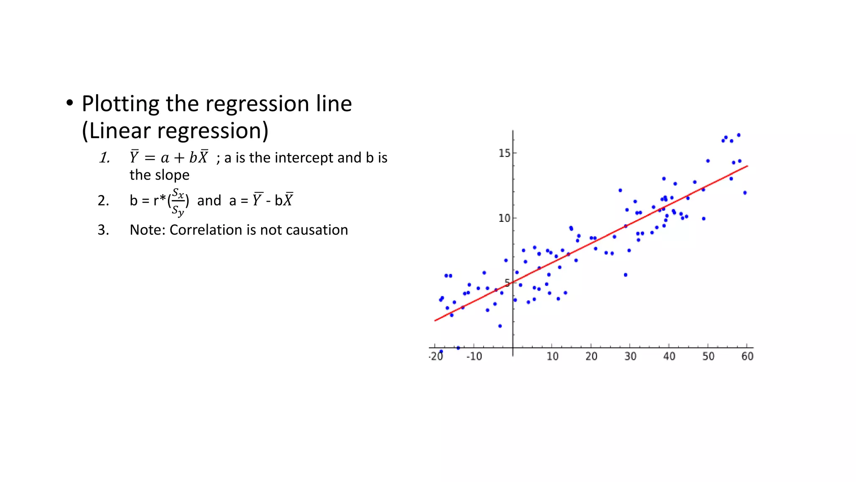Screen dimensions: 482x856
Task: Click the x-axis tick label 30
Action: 630,356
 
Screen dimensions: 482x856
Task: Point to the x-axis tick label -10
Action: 474,356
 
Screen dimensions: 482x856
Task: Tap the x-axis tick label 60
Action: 747,356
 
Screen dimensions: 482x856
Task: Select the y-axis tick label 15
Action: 504,154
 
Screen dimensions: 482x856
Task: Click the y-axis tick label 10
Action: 504,218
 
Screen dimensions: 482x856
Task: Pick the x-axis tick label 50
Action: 708,356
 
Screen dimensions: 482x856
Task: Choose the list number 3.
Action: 103,230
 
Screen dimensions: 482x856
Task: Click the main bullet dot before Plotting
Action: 69,103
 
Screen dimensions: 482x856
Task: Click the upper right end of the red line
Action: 747,166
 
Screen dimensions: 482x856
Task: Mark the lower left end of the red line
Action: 436,320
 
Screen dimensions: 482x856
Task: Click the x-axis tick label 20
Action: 591,356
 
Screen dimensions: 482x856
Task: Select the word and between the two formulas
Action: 209,201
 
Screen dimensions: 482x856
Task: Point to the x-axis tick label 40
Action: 669,356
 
